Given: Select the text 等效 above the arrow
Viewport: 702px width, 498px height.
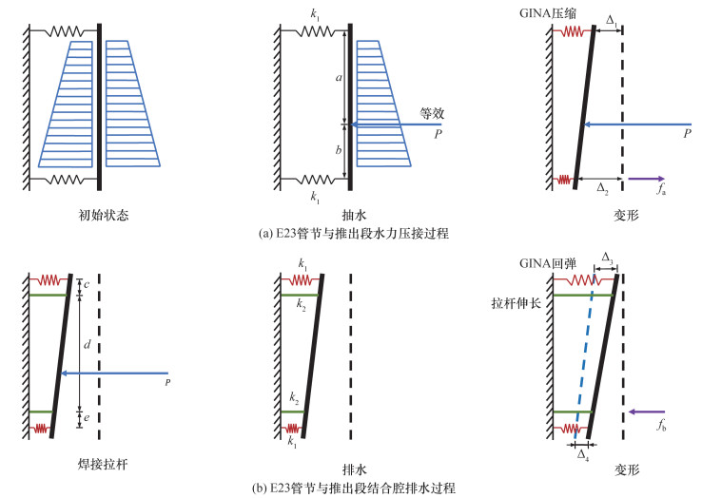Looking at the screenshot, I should tap(433, 112).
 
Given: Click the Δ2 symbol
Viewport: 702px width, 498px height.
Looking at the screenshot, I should tap(601, 189).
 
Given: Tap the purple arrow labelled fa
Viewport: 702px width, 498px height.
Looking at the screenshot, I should tap(646, 178).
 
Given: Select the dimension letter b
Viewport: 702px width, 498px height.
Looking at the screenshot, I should tap(338, 149).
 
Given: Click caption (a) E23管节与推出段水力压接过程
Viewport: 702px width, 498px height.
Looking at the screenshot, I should tap(350, 233).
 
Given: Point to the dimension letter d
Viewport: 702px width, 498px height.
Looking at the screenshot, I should tap(88, 344).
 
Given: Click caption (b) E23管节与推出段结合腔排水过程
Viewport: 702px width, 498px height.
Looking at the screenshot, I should tap(352, 488).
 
